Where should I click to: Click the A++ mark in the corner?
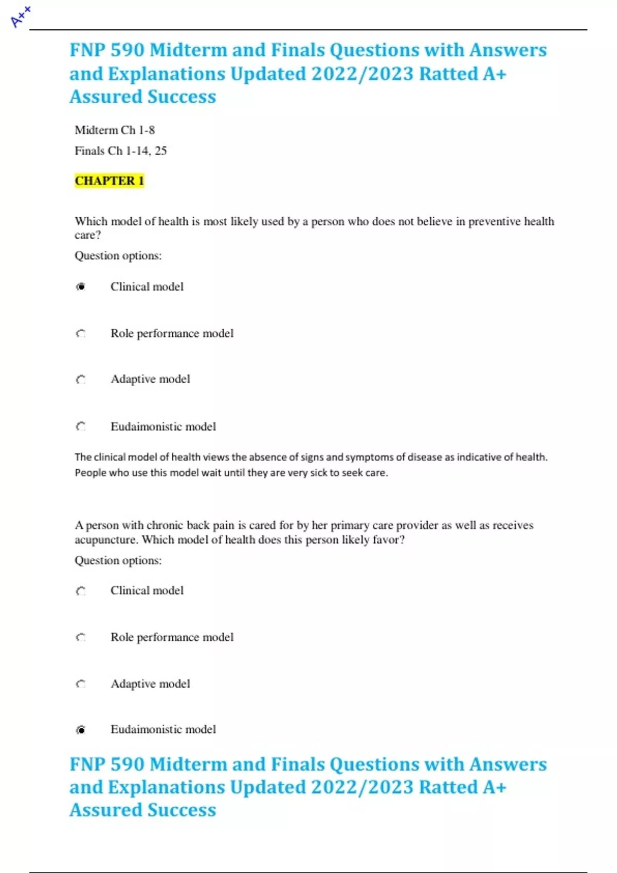21,16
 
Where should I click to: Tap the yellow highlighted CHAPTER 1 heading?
109,181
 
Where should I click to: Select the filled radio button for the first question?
81,287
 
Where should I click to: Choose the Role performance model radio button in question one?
81,334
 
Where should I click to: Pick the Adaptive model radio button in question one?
81,379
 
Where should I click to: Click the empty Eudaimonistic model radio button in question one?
81,426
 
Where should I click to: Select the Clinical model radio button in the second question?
81,591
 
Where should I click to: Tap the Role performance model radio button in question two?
81,637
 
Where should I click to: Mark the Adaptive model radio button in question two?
81,684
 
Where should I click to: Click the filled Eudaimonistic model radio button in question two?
81,730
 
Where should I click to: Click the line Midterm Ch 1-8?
115,130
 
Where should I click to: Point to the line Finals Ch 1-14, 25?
121,151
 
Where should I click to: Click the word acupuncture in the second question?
106,540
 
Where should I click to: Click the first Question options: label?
118,256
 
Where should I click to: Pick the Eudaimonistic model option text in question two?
163,729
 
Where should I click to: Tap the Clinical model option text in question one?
147,287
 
